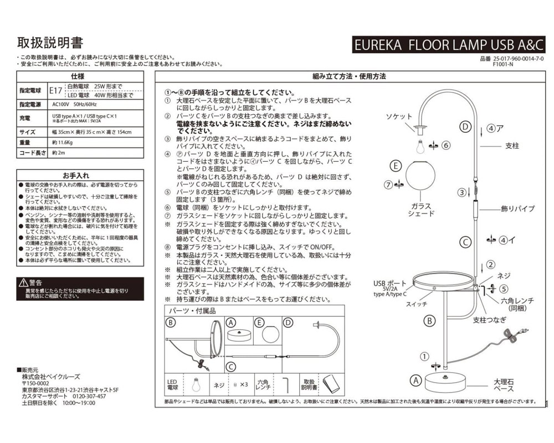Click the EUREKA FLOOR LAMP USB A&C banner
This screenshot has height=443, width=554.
(x=449, y=45)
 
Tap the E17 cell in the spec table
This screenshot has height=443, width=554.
(x=56, y=90)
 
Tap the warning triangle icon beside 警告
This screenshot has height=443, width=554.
(x=23, y=282)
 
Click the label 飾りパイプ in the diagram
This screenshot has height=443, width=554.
(x=517, y=209)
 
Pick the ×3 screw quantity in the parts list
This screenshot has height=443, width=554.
(x=242, y=384)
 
